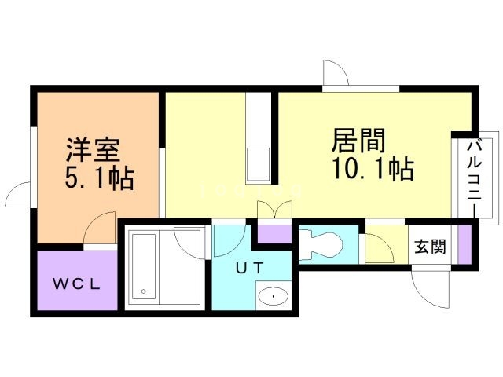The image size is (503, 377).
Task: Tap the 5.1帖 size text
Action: click(98, 178)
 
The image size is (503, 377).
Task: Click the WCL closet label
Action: click(76, 284)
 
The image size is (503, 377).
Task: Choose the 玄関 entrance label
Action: click(431, 247)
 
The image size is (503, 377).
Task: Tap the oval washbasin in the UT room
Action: click(273, 297)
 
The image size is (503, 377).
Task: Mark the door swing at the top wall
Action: click(336, 72)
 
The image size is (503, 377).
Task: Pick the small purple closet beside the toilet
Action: click(275, 233)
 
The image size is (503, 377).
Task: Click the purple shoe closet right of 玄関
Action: click(464, 244)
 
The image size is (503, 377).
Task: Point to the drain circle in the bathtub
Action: click(144, 292)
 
